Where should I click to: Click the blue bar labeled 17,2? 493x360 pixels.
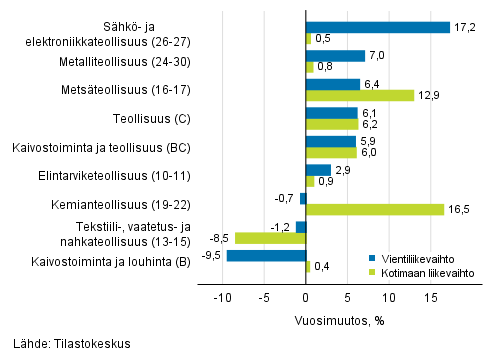(x=378, y=27)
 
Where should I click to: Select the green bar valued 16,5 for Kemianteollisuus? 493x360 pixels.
(x=375, y=210)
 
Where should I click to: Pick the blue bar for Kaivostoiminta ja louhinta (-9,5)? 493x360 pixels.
(x=266, y=256)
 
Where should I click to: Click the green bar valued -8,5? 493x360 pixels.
(x=270, y=238)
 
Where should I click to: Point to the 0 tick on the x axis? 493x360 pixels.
(x=306, y=298)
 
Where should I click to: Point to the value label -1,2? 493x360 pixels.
(x=283, y=227)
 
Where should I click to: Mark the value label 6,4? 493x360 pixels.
(x=371, y=84)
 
